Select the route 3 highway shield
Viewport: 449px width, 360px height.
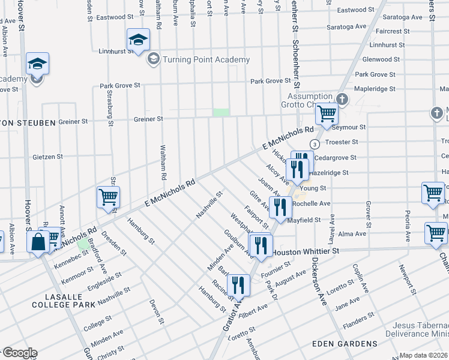pyautogui.click(x=314, y=144)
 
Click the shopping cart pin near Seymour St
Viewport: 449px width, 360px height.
pyautogui.click(x=327, y=113)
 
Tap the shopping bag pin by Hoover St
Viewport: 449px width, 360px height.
pyautogui.click(x=38, y=242)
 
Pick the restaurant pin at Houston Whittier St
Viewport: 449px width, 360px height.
pyautogui.click(x=261, y=245)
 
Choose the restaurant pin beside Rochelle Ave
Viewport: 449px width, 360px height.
pyautogui.click(x=280, y=207)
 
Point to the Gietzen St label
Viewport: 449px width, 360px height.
pyautogui.click(x=47, y=157)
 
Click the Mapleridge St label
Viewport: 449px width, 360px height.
pyautogui.click(x=375, y=89)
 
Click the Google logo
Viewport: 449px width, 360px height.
pyautogui.click(x=19, y=353)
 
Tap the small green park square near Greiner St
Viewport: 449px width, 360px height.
pyautogui.click(x=221, y=112)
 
